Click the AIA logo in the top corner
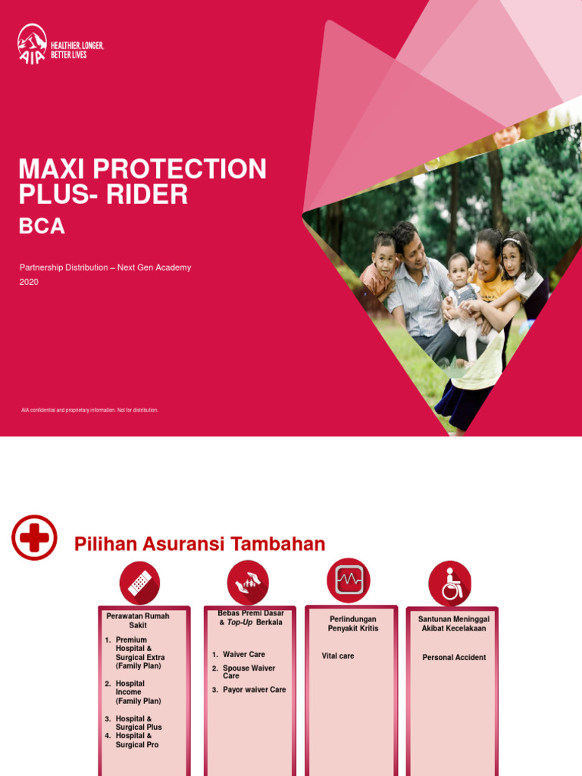pyautogui.click(x=32, y=44)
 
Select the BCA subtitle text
pyautogui.click(x=42, y=226)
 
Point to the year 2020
pyautogui.click(x=29, y=282)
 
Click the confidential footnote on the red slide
pyautogui.click(x=89, y=410)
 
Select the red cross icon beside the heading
pyautogui.click(x=34, y=537)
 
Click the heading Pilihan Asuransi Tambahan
pyautogui.click(x=199, y=544)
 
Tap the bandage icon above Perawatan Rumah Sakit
pyautogui.click(x=139, y=583)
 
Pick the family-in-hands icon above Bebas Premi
pyautogui.click(x=248, y=582)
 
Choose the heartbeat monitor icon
pyautogui.click(x=349, y=580)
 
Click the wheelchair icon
pyautogui.click(x=450, y=583)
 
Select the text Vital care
pyautogui.click(x=337, y=656)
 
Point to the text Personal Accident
pyautogui.click(x=454, y=658)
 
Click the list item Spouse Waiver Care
pyautogui.click(x=248, y=672)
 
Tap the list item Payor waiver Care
pyautogui.click(x=254, y=690)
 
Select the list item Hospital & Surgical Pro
pyautogui.click(x=136, y=740)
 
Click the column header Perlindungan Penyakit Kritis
pyautogui.click(x=352, y=624)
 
